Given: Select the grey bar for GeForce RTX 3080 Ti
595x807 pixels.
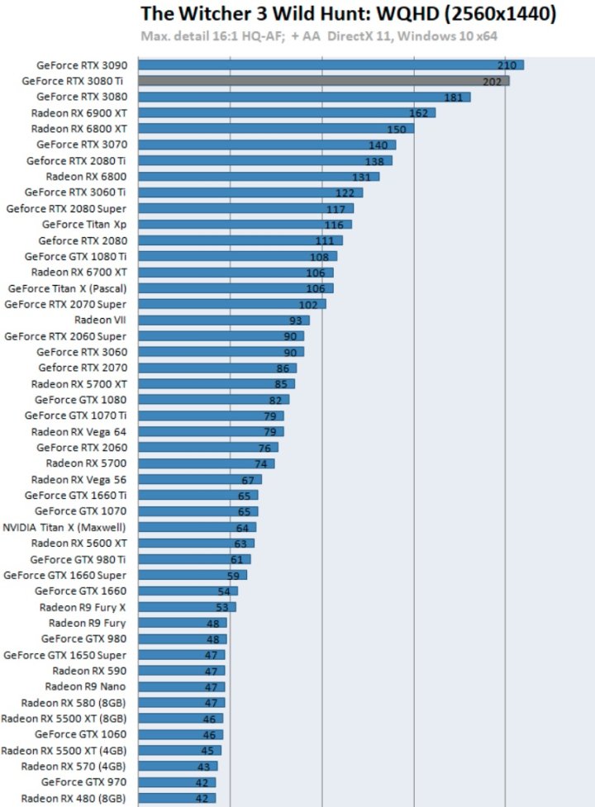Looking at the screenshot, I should pyautogui.click(x=323, y=81).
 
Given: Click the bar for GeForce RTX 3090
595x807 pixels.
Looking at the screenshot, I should pyautogui.click(x=331, y=64).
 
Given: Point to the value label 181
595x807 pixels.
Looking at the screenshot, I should pyautogui.click(x=453, y=97).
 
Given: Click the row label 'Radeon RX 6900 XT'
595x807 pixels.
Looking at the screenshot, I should pyautogui.click(x=79, y=112).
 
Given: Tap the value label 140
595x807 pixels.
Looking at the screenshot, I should pyautogui.click(x=378, y=145).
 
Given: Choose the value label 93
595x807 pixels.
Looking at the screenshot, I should pyautogui.click(x=296, y=320).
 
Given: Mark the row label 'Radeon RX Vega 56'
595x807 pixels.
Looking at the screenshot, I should pyautogui.click(x=79, y=479).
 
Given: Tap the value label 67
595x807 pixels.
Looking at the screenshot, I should pyautogui.click(x=248, y=480).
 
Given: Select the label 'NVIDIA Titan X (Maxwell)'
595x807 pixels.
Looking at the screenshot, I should pyautogui.click(x=64, y=527).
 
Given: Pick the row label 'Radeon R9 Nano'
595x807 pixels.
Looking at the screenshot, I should pyautogui.click(x=86, y=686).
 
